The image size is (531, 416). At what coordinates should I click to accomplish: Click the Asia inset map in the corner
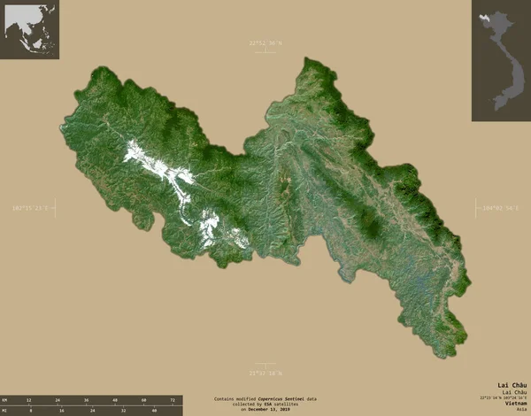pyautogui.click(x=29, y=29)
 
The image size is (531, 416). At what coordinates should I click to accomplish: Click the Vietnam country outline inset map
pyautogui.click(x=500, y=60)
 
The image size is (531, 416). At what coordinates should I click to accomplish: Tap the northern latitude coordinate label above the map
pyautogui.click(x=265, y=42)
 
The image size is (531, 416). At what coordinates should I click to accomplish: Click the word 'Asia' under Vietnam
pyautogui.click(x=519, y=409)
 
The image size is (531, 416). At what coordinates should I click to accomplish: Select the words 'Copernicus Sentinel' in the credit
pyautogui.click(x=281, y=399)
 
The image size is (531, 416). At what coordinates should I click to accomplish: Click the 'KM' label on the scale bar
pyautogui.click(x=4, y=400)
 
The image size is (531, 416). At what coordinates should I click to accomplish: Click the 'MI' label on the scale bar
pyautogui.click(x=4, y=411)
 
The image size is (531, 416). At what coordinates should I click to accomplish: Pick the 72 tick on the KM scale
pyautogui.click(x=172, y=400)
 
